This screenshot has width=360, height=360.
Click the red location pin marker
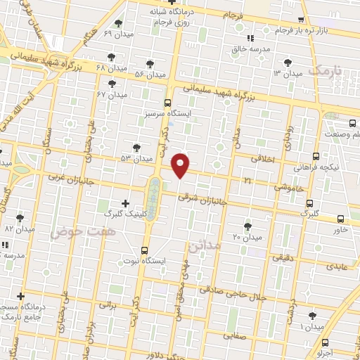(181, 165)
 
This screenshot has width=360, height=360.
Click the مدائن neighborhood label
(205, 245)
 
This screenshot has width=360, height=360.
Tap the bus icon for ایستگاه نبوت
(145, 250)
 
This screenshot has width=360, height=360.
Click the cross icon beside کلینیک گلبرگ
(125, 202)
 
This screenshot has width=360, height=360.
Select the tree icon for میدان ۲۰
(247, 226)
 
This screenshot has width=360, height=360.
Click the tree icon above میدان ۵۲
(136, 148)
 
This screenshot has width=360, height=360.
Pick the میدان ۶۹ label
(117, 33)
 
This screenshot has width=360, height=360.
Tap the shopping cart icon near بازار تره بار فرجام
(302, 20)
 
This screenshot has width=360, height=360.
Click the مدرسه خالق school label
(252, 49)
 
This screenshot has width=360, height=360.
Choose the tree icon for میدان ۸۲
(19, 218)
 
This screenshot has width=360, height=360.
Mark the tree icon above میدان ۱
(311, 316)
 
